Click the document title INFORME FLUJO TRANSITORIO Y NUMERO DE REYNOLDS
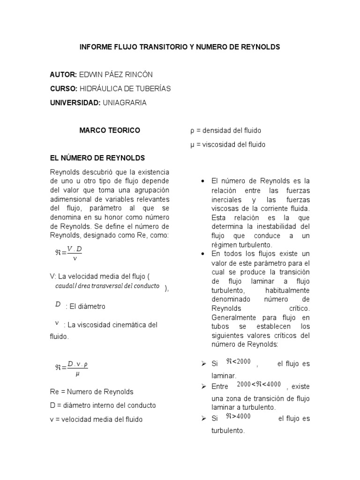[x=180, y=47]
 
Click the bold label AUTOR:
[x=63, y=75]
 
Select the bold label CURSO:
[x=64, y=89]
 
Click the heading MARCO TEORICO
[x=109, y=130]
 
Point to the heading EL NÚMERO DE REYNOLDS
[x=97, y=158]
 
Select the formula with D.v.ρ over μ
[x=71, y=368]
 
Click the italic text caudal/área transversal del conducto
[x=107, y=286]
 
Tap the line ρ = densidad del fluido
[x=225, y=130]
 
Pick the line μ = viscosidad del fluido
[x=228, y=144]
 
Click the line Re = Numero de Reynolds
[x=91, y=391]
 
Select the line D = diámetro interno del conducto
[x=102, y=405]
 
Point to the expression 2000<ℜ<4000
[x=259, y=384]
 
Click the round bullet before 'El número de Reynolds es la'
[x=203, y=181]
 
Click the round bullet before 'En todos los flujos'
[x=203, y=254]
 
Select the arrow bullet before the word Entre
[x=203, y=386]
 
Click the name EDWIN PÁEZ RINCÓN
[x=116, y=75]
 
